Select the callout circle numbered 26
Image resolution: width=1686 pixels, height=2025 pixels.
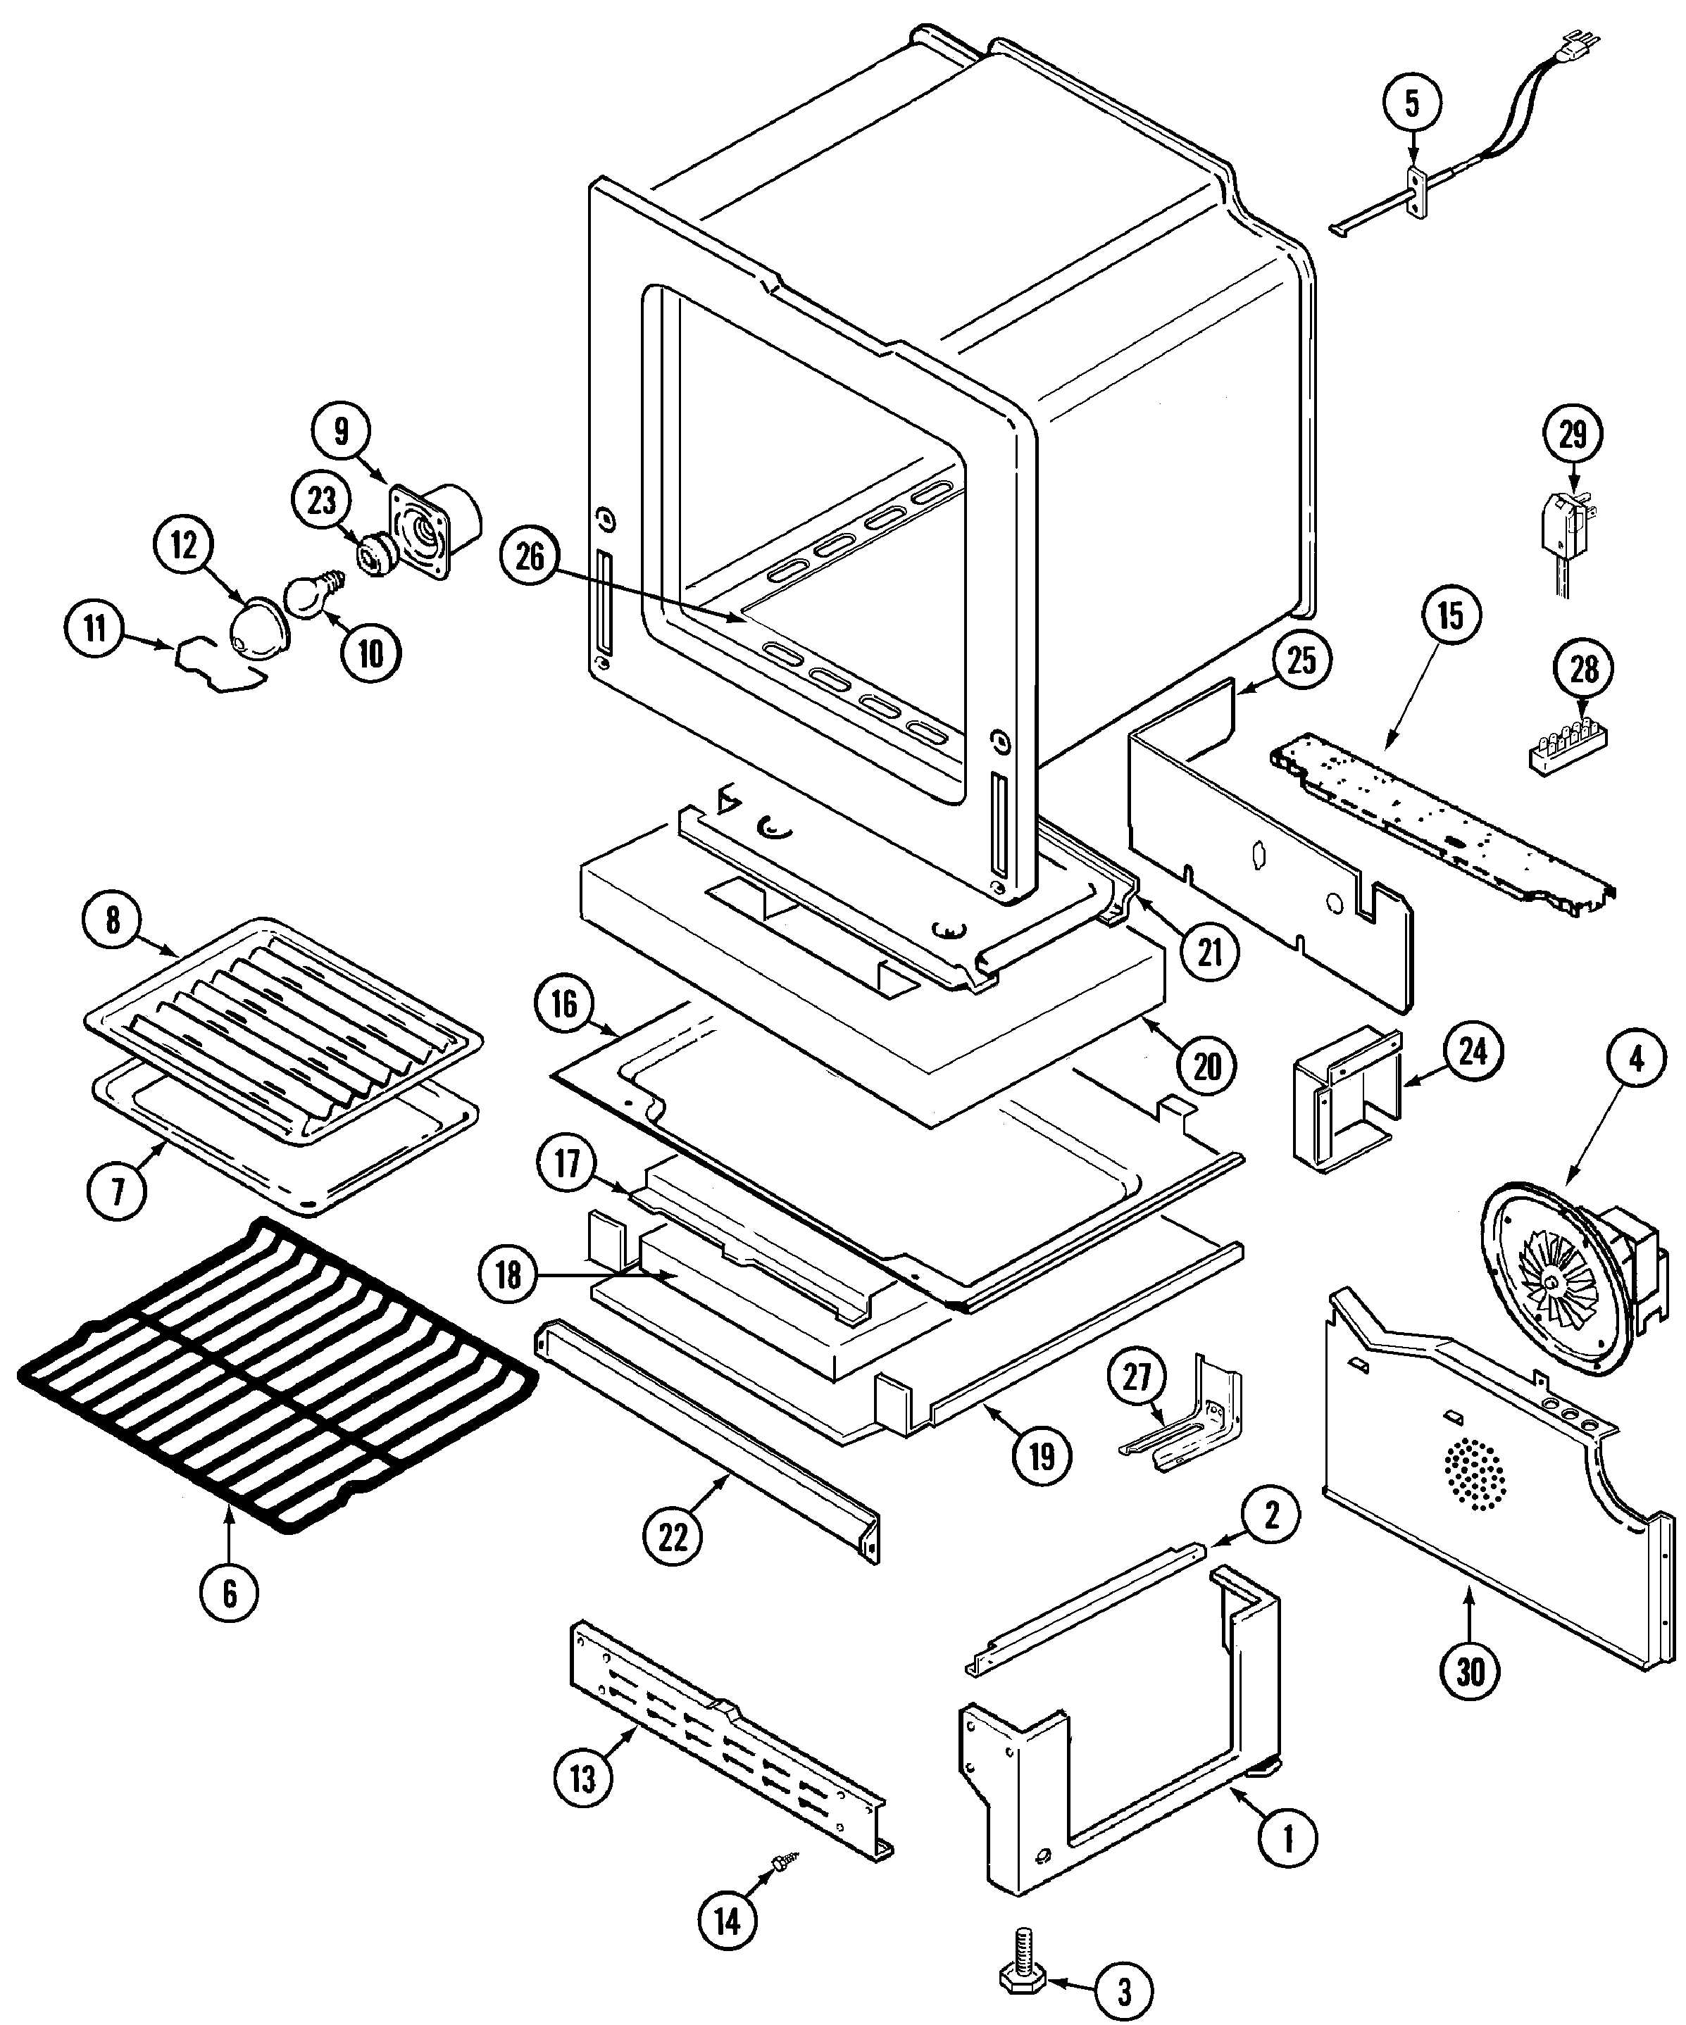click(530, 558)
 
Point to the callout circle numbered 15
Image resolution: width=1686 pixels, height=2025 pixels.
click(1451, 615)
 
